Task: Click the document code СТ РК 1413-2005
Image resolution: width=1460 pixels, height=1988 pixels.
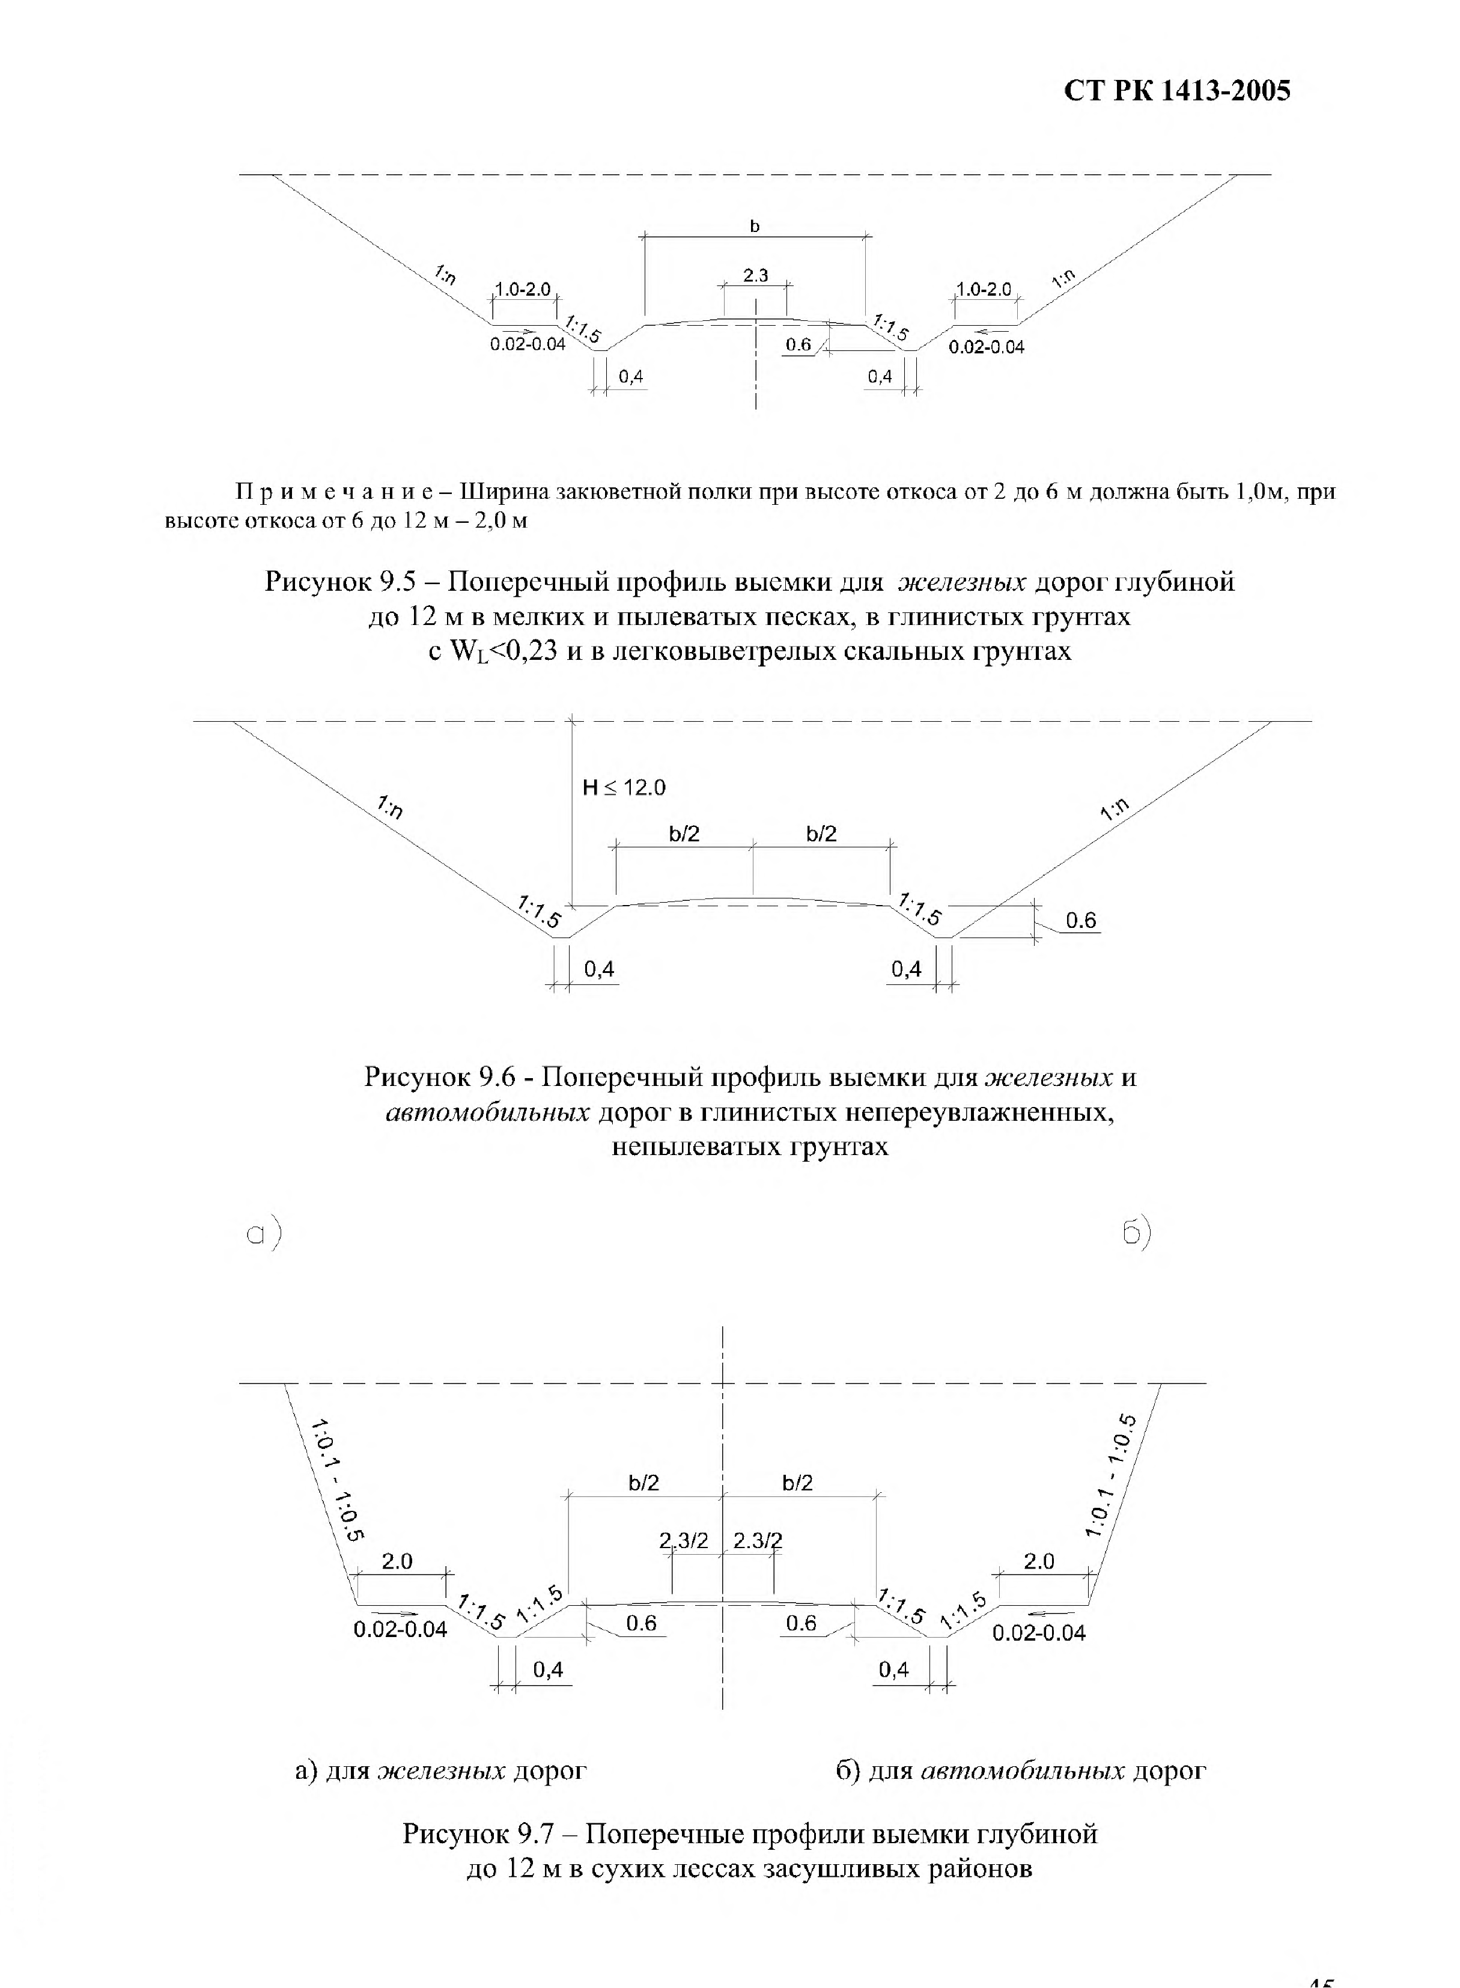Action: tap(1177, 91)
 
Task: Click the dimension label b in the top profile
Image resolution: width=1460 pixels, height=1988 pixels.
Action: tap(755, 227)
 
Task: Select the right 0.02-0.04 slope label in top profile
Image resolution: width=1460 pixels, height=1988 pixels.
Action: tap(987, 347)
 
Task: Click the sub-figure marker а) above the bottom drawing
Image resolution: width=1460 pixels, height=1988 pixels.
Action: tap(264, 1234)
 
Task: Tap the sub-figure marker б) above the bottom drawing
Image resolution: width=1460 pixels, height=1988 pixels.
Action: tap(1137, 1233)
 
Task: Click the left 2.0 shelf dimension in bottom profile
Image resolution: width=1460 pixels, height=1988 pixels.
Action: tap(397, 1561)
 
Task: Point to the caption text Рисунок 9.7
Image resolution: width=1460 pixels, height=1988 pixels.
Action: tap(476, 1834)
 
